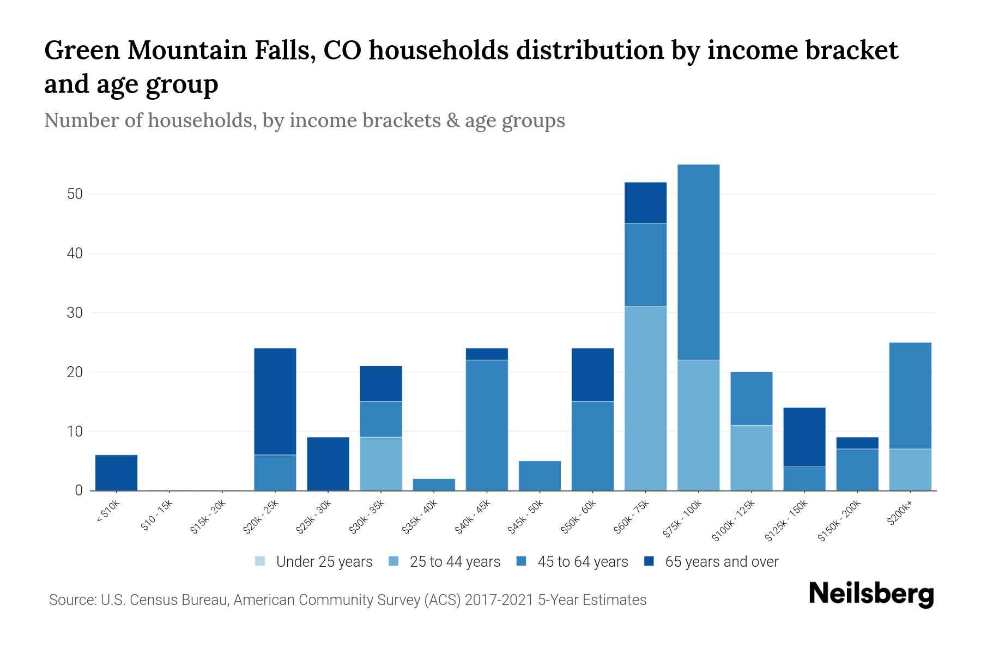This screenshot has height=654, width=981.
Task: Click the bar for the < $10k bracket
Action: [116, 473]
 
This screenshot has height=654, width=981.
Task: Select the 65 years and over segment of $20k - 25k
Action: [275, 401]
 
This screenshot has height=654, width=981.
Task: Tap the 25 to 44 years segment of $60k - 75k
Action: [645, 398]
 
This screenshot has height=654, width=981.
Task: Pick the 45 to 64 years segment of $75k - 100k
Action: [698, 262]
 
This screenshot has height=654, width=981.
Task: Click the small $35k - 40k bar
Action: [434, 485]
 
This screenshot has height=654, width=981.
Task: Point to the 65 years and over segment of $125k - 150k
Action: [804, 437]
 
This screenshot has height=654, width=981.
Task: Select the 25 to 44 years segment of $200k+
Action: [910, 469]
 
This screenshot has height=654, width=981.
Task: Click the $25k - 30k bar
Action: [328, 464]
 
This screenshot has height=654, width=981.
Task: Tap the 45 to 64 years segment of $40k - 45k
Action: [487, 425]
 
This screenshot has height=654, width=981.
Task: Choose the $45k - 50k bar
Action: [540, 476]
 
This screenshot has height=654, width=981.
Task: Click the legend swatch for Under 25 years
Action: [261, 561]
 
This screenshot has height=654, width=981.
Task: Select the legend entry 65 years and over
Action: [722, 562]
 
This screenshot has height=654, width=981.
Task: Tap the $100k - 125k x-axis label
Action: [734, 520]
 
